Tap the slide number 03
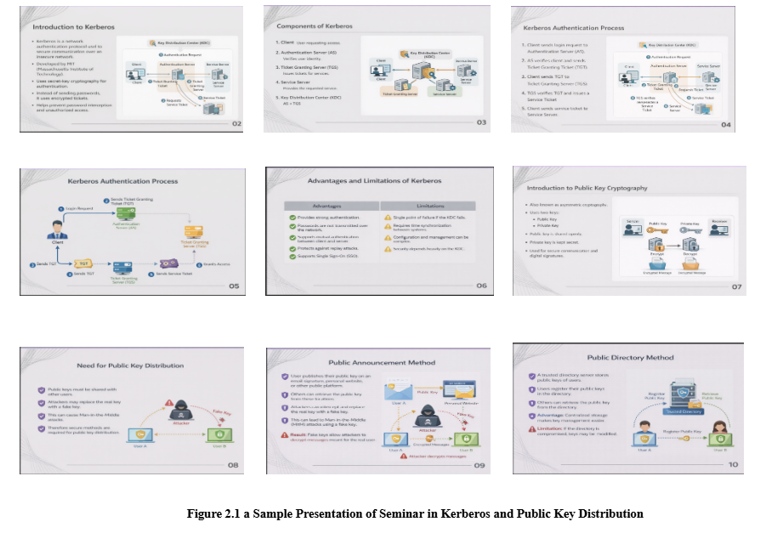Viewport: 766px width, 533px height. [481, 123]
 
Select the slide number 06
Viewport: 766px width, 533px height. [481, 286]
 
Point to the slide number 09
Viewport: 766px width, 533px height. [479, 465]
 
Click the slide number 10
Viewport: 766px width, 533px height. [732, 464]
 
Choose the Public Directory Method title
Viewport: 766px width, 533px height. [630, 358]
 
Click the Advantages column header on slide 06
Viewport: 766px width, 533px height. [327, 206]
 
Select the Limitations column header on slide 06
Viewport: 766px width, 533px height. [430, 206]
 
